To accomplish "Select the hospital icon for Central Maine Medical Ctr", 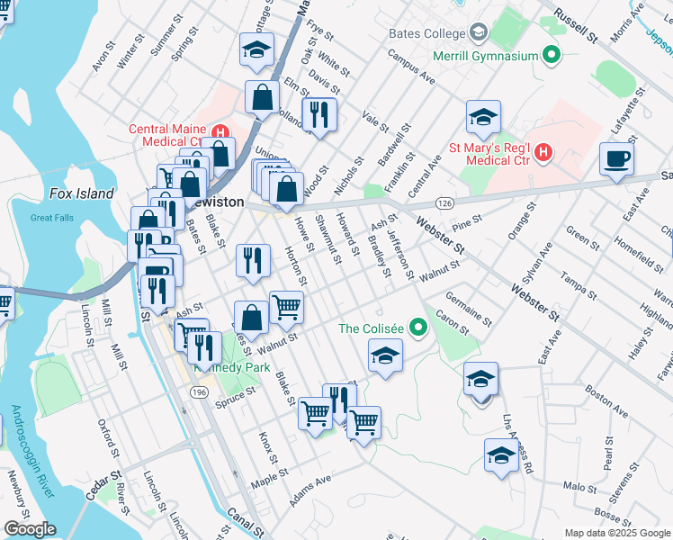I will pos(216,129).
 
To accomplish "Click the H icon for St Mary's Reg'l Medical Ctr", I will pos(543,154).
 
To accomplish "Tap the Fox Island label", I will pos(82,193).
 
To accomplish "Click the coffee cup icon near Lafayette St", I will pos(617,160).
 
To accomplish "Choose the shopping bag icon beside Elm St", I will pos(261,98).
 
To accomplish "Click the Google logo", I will pos(29,529).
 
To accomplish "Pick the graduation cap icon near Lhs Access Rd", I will pos(501,455).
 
